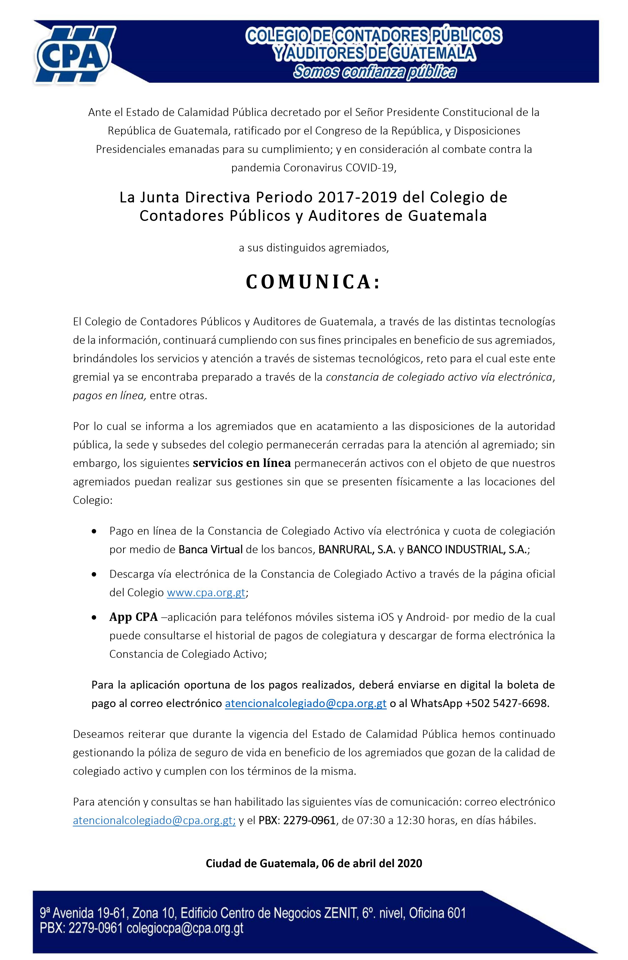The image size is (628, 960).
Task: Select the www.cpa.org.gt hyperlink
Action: pos(206,593)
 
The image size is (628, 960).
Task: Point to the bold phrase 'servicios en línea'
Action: pos(242,463)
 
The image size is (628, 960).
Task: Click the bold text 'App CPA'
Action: pos(133,617)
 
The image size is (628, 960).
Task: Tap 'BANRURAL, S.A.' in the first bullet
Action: pos(357,549)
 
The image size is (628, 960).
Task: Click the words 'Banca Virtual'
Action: pos(210,549)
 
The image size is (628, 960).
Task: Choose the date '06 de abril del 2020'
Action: pos(372,863)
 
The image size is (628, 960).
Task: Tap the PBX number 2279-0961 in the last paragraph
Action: pos(309,820)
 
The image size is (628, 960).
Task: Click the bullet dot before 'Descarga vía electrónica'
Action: pos(94,574)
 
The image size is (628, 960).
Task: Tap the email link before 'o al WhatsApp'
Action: pos(306,703)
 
